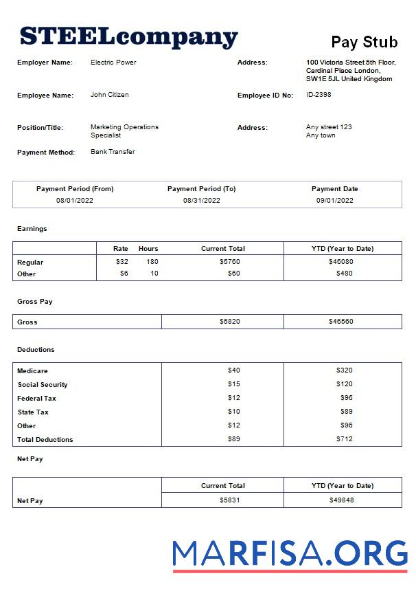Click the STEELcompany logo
tap(128, 36)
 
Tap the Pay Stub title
tap(364, 42)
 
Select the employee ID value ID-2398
tap(319, 95)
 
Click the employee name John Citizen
tap(109, 95)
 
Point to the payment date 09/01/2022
tap(334, 201)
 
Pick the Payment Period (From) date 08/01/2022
tap(75, 201)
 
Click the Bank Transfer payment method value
tap(113, 152)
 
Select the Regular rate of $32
tap(122, 262)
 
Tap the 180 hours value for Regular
tap(151, 262)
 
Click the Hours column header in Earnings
tap(148, 249)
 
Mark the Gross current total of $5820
tap(229, 322)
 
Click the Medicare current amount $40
tap(233, 370)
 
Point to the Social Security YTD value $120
tap(344, 384)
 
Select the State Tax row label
tap(32, 412)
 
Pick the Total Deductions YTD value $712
tap(344, 439)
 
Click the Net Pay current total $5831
tap(229, 500)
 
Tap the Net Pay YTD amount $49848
tap(341, 500)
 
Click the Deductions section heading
tap(36, 350)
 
